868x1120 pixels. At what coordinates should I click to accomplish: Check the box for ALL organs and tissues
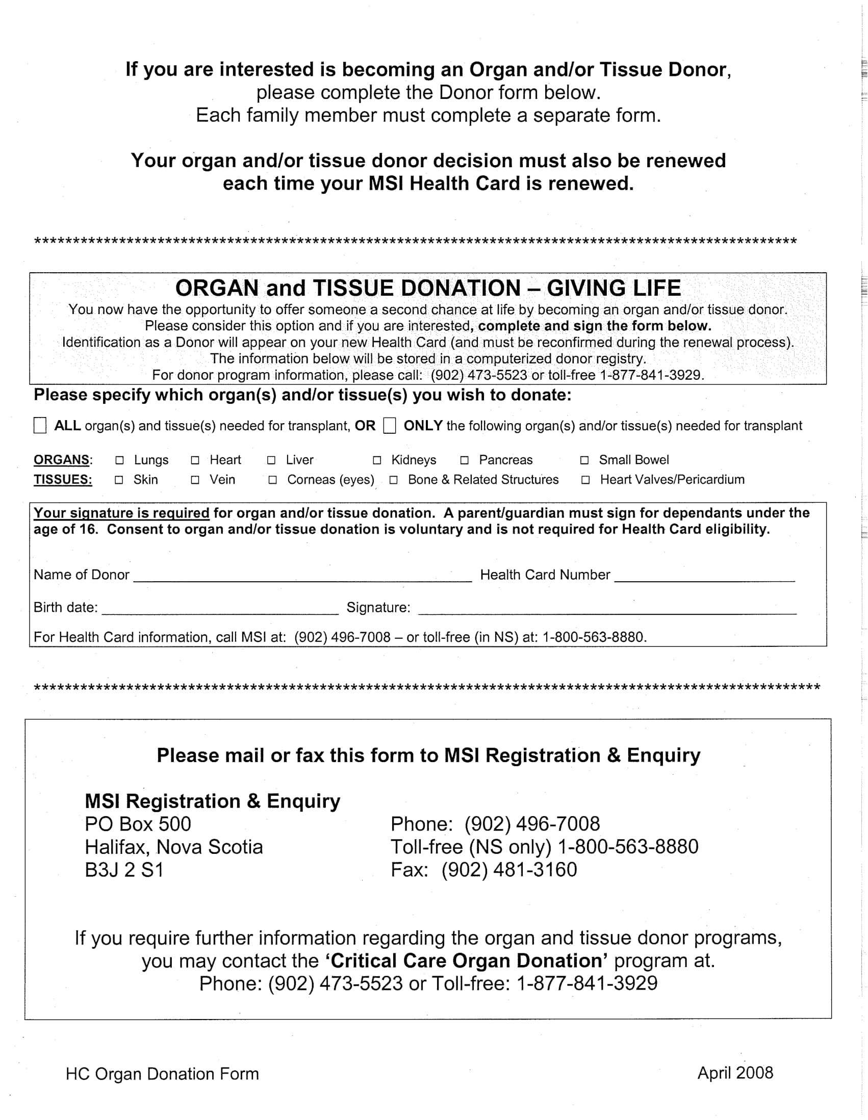(40, 425)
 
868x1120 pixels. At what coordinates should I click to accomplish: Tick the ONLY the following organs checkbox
(389, 425)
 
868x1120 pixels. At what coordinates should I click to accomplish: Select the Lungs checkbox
(119, 460)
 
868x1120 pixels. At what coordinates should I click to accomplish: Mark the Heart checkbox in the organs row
(195, 460)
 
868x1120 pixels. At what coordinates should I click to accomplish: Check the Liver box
(271, 460)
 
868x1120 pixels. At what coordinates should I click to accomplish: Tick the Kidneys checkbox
(377, 460)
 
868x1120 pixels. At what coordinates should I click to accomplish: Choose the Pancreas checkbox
(464, 460)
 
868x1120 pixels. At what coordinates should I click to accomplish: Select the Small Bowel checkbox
(584, 460)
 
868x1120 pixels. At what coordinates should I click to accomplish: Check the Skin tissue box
(119, 480)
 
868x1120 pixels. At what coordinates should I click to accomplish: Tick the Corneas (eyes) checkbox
(273, 480)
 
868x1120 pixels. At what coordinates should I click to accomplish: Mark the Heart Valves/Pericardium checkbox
(585, 480)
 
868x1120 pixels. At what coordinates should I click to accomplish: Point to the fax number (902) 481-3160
(509, 870)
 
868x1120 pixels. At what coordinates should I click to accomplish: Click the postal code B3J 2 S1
(124, 870)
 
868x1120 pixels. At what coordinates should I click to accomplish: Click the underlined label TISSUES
(63, 480)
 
